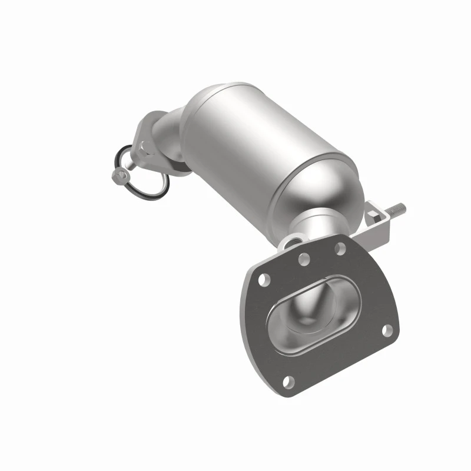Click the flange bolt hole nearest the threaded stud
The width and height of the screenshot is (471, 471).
click(340, 250)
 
